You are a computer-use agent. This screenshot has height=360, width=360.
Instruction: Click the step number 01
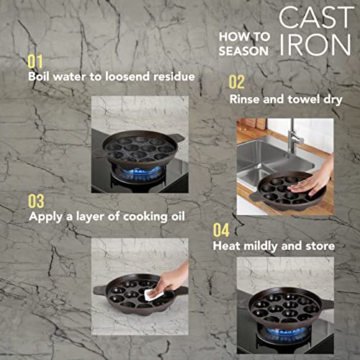coord(35,62)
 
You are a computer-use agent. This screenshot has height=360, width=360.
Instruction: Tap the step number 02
coord(237,82)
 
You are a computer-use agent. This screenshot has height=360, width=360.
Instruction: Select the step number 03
coord(36,201)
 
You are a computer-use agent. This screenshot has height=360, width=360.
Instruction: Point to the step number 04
coord(221,230)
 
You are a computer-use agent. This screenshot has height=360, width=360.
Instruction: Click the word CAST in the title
coord(316,17)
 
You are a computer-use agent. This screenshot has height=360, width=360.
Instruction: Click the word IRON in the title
coord(315,45)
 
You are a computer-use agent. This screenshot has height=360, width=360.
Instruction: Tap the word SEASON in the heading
coord(243,51)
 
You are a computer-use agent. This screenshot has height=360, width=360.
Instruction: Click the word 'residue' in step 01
coord(174,76)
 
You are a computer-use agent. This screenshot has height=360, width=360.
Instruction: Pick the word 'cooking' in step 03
coord(145,217)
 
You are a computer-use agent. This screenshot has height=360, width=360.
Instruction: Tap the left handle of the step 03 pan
coord(99,290)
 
